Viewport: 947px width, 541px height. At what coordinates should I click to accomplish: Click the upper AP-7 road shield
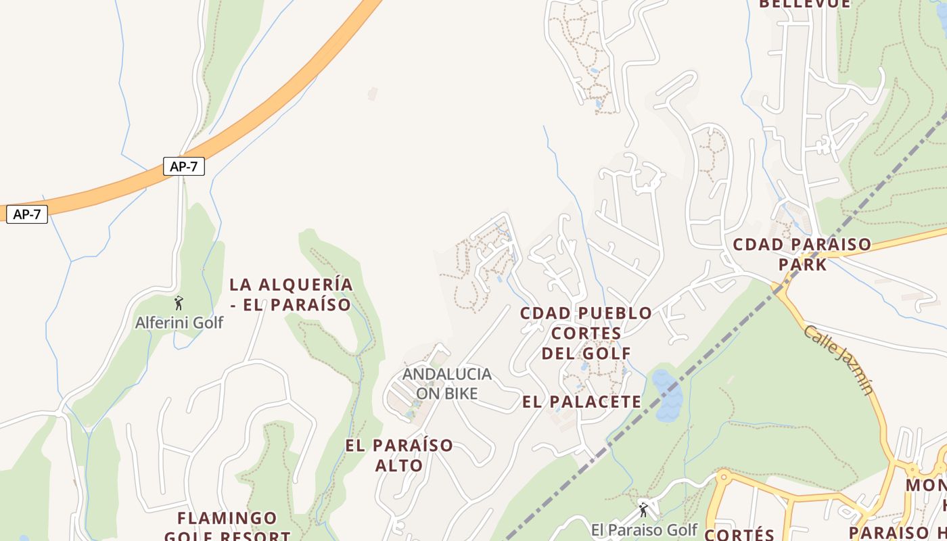point(183,166)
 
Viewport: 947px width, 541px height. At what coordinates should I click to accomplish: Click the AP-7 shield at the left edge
point(27,215)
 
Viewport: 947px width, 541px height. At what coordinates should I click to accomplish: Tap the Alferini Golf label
point(179,323)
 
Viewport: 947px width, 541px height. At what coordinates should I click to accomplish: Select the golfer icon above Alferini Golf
point(179,303)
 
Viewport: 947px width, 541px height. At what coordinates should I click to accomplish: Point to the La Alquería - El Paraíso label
point(291,295)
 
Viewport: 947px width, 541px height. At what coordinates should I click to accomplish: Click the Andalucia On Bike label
point(446,383)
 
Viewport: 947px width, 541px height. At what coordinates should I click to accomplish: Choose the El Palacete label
point(582,402)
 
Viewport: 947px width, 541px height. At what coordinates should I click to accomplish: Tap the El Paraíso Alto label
point(399,455)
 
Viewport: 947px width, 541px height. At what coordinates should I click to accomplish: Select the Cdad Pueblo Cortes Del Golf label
point(586,333)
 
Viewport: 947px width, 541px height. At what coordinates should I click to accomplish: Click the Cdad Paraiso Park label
point(802,254)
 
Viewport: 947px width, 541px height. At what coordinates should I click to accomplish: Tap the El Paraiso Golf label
point(644,530)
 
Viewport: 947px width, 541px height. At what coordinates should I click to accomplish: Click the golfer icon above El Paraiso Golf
point(643,509)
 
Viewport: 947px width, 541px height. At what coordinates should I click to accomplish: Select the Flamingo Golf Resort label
point(227,527)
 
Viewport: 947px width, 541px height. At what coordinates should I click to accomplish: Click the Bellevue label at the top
point(804,4)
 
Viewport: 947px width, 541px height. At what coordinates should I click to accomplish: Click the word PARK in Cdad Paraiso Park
point(802,264)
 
